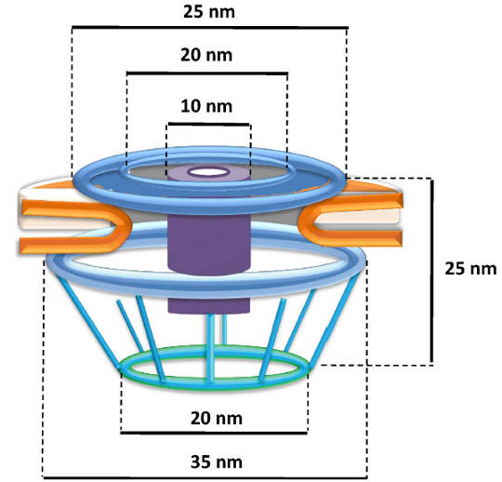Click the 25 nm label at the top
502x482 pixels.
[209, 11]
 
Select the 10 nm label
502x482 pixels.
[206, 106]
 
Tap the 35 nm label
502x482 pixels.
[217, 462]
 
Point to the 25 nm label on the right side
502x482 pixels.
[470, 268]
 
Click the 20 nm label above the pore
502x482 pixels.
[206, 55]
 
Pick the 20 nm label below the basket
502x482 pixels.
[217, 418]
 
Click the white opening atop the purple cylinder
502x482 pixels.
[209, 172]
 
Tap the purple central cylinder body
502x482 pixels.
[209, 244]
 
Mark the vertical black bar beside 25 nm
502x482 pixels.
[432, 272]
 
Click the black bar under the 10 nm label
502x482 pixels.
[209, 124]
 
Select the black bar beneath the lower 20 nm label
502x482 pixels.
[214, 433]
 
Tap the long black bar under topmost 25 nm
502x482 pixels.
[210, 28]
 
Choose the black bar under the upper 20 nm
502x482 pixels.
[207, 74]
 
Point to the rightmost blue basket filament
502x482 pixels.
[334, 320]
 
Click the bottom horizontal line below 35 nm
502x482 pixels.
[205, 478]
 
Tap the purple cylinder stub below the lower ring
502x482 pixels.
[209, 305]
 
